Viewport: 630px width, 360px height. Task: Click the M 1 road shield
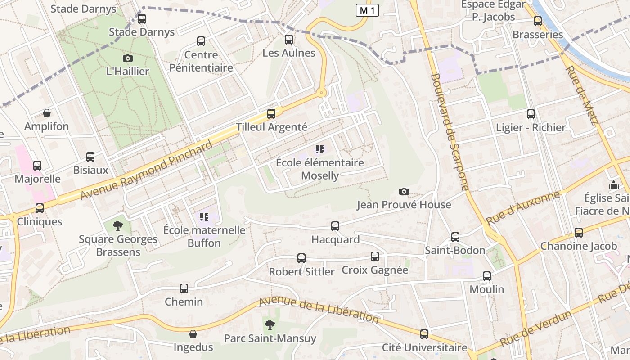[367, 10]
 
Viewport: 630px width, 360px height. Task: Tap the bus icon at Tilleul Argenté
[271, 114]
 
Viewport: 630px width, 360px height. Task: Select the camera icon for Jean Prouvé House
[404, 192]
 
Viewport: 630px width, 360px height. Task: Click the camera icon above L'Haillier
[128, 58]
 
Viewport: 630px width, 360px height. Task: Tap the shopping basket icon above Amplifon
[47, 113]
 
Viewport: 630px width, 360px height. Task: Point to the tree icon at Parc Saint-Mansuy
[270, 324]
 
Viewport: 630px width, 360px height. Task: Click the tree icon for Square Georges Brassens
[118, 225]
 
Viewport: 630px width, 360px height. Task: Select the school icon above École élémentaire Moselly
[320, 149]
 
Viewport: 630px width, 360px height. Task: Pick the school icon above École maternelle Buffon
[204, 217]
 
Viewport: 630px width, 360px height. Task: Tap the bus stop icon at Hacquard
[335, 226]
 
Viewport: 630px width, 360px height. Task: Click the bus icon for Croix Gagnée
[375, 256]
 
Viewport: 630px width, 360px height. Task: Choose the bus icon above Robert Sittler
[301, 258]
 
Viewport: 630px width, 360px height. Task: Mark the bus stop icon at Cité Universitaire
[424, 334]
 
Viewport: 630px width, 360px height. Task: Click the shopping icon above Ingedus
[193, 334]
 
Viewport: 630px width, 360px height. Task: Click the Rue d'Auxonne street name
[523, 208]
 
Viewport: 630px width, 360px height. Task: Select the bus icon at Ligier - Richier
[531, 114]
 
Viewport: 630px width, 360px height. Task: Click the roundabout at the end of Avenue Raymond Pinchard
[321, 93]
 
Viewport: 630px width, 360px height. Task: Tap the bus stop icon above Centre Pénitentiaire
[201, 41]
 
